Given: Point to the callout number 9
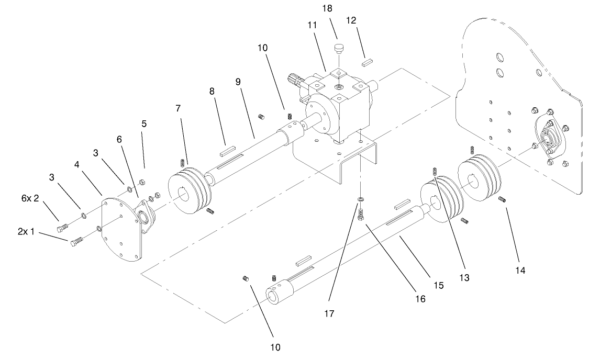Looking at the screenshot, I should [238, 82].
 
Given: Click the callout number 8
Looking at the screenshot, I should [212, 91].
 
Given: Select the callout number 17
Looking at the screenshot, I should [329, 313].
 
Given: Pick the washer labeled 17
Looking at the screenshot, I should [361, 200].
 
